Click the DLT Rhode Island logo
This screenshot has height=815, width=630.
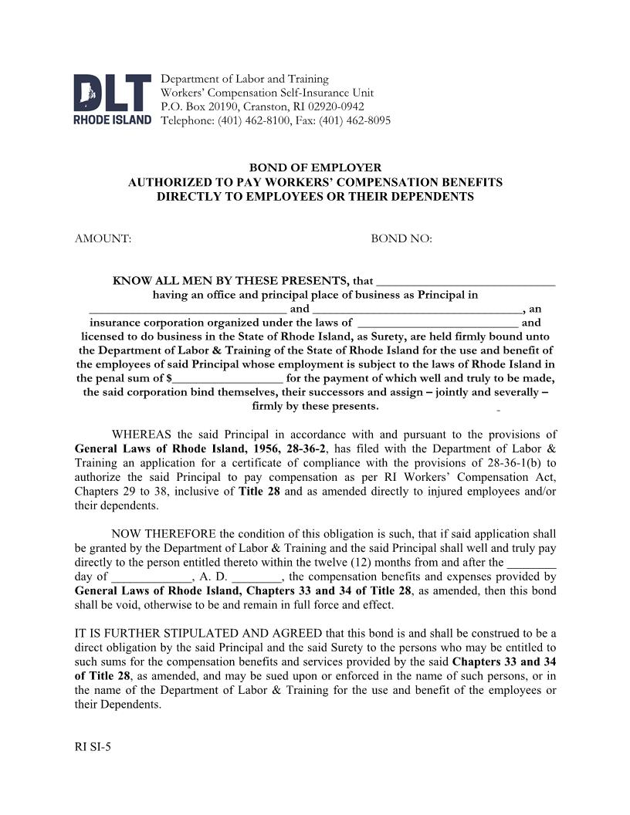[112, 99]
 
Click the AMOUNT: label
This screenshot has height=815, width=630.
[103, 238]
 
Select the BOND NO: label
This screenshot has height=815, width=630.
[401, 238]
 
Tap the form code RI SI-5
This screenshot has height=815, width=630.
[93, 746]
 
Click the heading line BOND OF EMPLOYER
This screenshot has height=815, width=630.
[314, 167]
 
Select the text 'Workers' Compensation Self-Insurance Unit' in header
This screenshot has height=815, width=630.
[266, 93]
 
